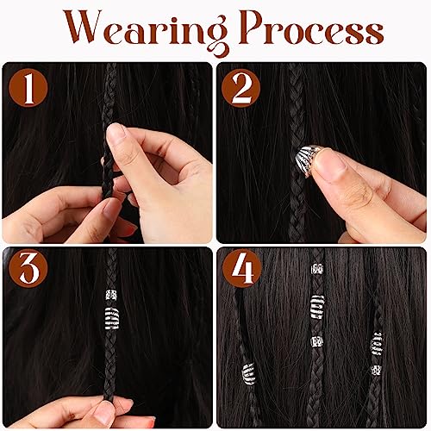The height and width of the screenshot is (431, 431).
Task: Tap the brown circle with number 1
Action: [28, 88]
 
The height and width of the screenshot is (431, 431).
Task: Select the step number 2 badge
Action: [241, 88]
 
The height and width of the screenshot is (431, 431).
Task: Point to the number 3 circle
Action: [28, 269]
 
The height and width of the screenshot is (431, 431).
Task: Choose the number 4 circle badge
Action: [242, 269]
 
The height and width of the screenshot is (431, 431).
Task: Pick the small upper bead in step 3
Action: [111, 295]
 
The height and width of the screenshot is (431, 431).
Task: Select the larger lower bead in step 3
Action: [111, 318]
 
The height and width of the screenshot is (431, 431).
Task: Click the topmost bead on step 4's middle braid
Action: [317, 269]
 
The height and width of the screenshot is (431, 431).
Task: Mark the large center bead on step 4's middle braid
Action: [317, 307]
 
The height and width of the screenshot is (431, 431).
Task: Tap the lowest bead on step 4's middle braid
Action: [317, 341]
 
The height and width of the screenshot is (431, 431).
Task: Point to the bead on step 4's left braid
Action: [248, 374]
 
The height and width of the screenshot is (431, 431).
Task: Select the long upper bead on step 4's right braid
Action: [377, 343]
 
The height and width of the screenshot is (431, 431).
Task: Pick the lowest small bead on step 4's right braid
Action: [376, 370]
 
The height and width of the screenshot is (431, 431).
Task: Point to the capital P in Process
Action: [254, 28]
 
